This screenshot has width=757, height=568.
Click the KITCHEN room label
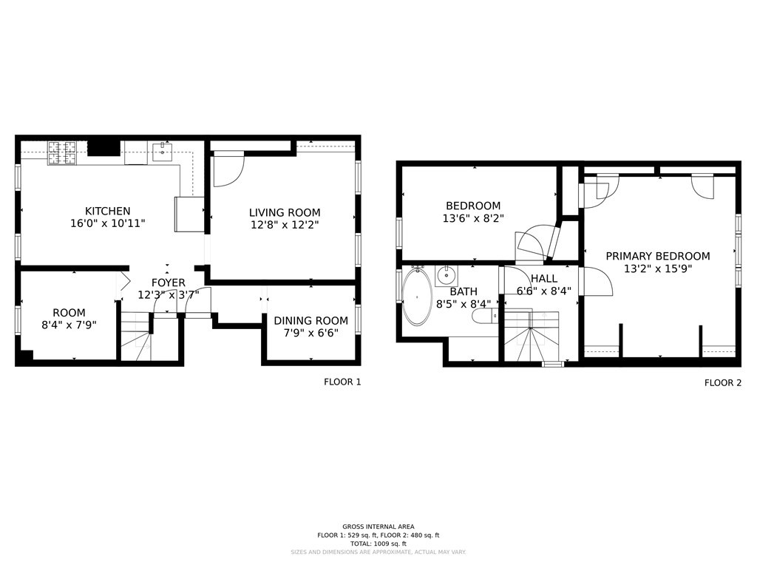107,211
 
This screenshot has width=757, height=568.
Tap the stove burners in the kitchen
63,152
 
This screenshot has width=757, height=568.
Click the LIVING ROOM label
285,212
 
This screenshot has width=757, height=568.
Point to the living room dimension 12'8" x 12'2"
285,224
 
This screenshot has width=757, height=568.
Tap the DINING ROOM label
310,320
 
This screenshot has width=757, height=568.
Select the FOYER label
169,283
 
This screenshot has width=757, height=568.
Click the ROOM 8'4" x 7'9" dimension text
69,325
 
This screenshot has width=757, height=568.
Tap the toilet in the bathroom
483,317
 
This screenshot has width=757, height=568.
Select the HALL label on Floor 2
543,278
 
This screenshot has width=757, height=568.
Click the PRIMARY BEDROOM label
657,256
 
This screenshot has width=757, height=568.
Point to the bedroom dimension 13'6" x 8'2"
473,218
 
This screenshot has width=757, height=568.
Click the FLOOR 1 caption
342,382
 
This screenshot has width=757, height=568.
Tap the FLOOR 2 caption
722,382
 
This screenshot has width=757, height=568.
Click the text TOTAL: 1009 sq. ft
378,544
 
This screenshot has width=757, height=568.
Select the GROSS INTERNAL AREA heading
378,526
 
